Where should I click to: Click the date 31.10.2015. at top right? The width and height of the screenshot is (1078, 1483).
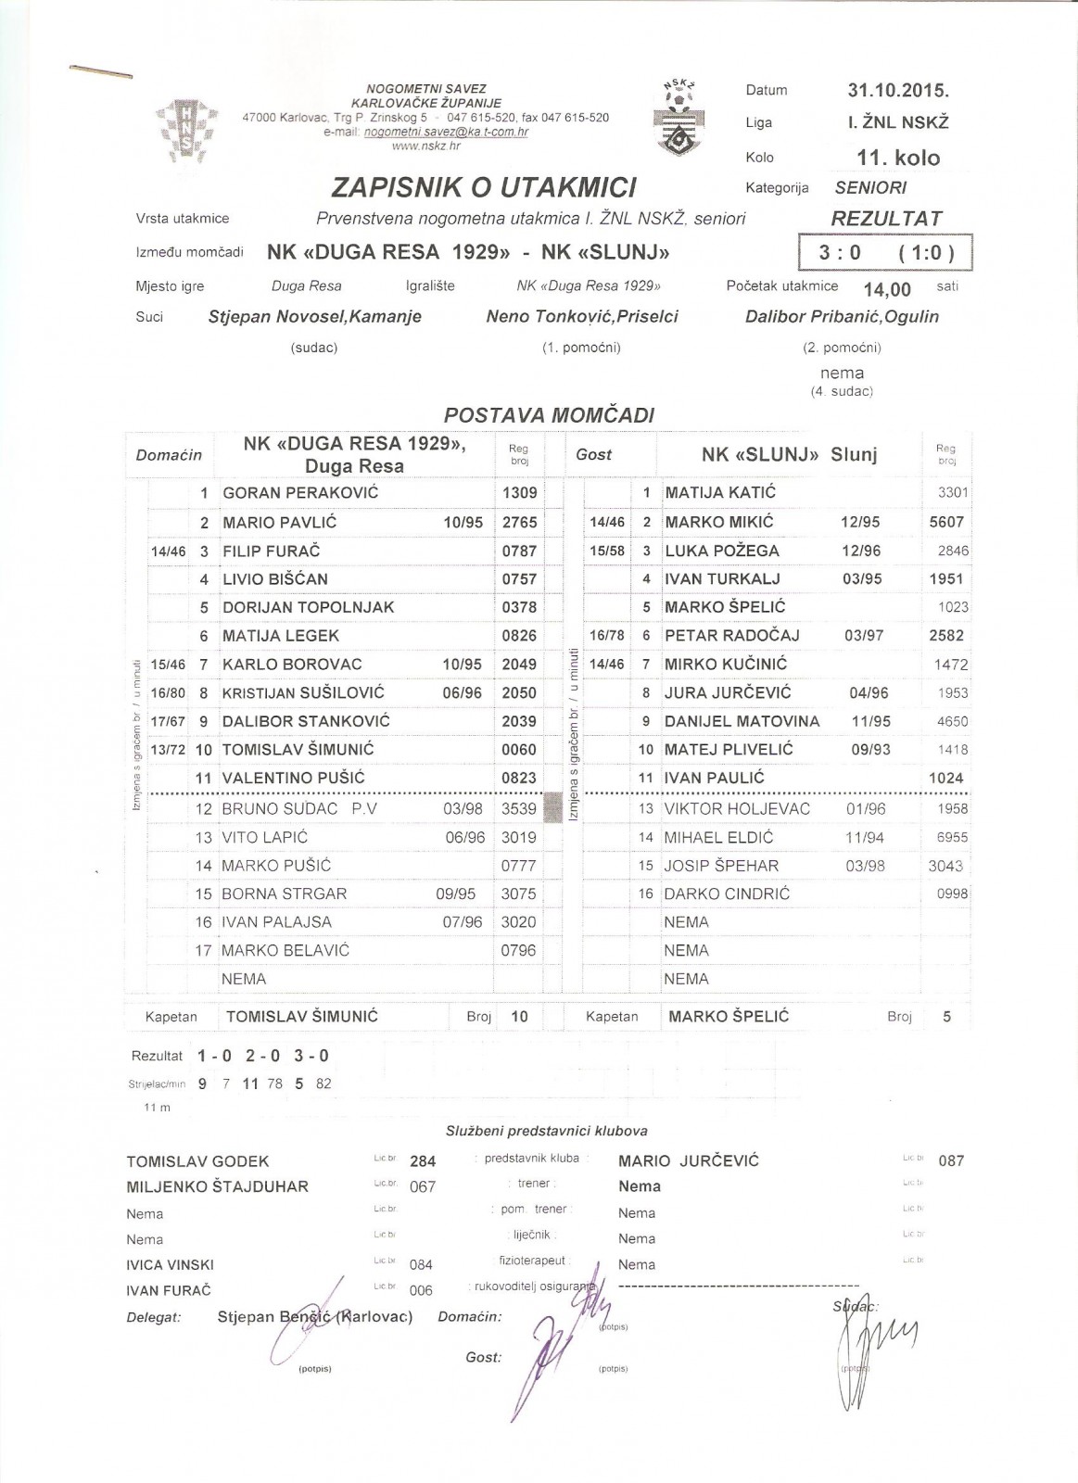[x=898, y=91]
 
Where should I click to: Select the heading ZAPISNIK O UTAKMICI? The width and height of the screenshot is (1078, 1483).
[x=484, y=188]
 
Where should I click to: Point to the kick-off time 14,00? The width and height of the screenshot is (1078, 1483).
[x=887, y=289]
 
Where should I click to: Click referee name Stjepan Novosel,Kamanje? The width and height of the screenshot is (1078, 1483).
[x=315, y=317]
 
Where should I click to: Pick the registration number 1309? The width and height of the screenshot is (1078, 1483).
[x=519, y=492]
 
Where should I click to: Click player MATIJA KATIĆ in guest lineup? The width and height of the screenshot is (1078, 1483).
[x=720, y=492]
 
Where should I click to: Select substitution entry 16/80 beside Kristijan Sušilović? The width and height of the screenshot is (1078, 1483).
[x=168, y=692]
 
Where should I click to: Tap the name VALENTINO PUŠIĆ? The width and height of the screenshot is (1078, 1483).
[x=294, y=778]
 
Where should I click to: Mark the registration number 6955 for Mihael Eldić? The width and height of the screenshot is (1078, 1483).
[x=946, y=837]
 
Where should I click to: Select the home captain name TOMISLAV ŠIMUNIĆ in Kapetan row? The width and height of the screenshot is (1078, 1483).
[x=302, y=1017]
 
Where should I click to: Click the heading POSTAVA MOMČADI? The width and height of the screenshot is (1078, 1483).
[x=549, y=415]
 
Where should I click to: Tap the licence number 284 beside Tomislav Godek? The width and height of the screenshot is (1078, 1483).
[x=423, y=1161]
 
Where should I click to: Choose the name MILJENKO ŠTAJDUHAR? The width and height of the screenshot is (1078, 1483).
[x=218, y=1186]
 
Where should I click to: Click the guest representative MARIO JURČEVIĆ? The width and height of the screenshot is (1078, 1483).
[x=688, y=1161]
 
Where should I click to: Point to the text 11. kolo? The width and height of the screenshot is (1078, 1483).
[x=898, y=158]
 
